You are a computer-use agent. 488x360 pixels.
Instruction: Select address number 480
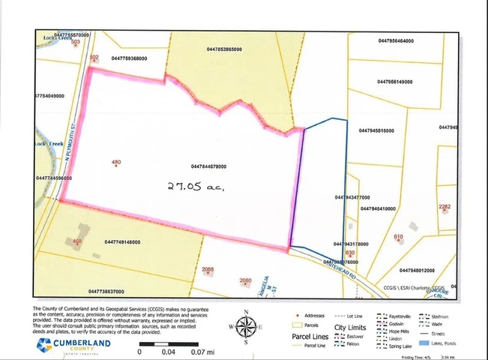pos(115,162)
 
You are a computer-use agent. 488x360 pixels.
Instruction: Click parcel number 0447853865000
pos(224,49)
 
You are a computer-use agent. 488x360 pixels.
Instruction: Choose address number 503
pos(75,42)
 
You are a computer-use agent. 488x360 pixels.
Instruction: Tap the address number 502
pos(94,57)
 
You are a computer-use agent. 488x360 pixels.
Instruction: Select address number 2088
pos(208,269)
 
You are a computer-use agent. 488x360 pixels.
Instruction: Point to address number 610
pos(399,237)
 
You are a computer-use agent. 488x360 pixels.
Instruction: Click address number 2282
pos(445,207)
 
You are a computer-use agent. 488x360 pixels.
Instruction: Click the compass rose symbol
pos(245,327)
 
